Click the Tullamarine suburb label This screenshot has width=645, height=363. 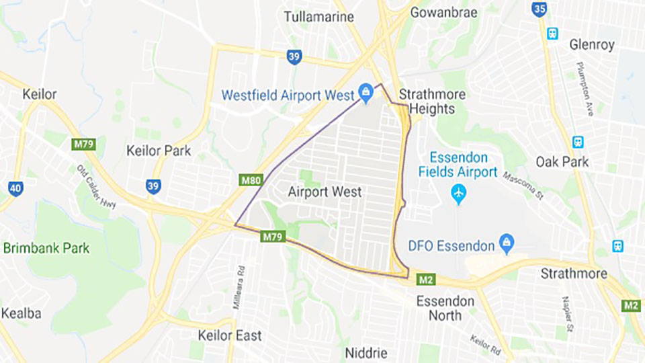point(318,17)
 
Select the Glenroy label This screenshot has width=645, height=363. point(591,45)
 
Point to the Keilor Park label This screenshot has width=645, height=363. point(159,151)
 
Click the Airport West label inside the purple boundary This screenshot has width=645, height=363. point(325,192)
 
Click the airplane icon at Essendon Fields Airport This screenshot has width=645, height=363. point(459,194)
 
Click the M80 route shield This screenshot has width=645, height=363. point(249,179)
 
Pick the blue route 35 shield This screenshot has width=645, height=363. point(539,9)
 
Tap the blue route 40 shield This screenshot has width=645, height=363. point(15,189)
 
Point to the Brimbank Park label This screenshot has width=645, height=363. point(46,248)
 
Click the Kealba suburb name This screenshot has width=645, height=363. point(21,313)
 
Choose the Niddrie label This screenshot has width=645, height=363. point(367,353)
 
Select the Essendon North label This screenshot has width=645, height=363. point(445,308)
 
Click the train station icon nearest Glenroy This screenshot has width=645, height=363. point(552,33)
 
